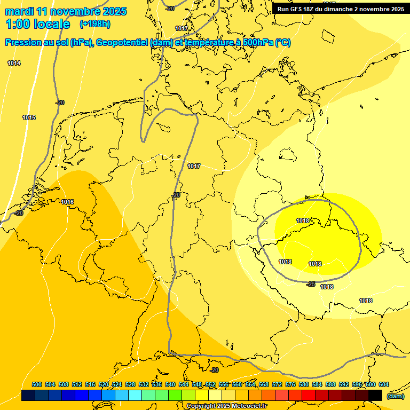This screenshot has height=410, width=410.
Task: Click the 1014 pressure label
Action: pos(14,64)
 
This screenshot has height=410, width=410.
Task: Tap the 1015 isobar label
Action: pos(29,117)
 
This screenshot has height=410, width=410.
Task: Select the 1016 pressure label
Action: pos(67,202)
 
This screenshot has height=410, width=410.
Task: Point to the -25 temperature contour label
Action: pos(311,284)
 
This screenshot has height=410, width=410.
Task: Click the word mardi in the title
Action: pos(19,11)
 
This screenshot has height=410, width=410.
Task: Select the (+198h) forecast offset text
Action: pos(94,24)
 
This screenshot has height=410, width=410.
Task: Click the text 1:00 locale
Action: pos(37,24)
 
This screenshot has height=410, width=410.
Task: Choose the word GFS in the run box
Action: pos(296,9)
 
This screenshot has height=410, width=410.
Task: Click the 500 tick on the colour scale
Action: pos(37,385)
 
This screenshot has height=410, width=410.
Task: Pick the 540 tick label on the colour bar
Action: pos(170,385)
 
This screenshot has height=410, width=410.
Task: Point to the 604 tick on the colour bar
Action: pos(383,385)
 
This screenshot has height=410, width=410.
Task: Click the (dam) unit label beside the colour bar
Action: pos(395,396)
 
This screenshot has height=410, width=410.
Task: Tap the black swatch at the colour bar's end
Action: pos(375,395)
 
